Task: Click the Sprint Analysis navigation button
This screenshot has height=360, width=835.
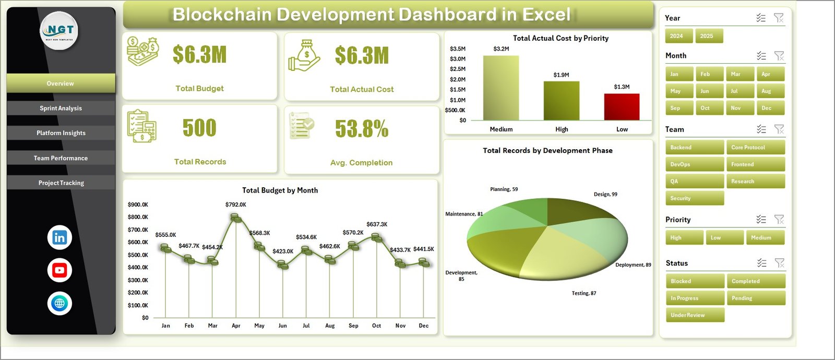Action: click(61, 108)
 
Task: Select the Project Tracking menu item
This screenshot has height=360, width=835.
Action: click(61, 183)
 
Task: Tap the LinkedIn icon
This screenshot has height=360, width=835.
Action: click(59, 237)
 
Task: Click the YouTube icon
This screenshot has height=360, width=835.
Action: click(59, 270)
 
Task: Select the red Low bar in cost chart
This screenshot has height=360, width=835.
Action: click(622, 107)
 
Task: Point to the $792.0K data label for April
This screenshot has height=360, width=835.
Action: click(236, 205)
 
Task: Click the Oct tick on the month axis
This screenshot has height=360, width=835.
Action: click(376, 326)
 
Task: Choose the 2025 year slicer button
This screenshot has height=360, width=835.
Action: click(708, 36)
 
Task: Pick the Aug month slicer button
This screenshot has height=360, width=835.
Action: click(769, 91)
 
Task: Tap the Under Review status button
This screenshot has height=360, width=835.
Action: click(695, 315)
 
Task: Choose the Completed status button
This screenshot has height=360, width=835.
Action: click(755, 281)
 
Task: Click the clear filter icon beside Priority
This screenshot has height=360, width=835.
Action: click(779, 220)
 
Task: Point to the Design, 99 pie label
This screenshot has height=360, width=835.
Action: click(605, 194)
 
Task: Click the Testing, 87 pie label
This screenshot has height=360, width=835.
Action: click(583, 293)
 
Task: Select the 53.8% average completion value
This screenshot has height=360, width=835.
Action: click(362, 129)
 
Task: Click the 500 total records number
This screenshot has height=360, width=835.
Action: click(199, 128)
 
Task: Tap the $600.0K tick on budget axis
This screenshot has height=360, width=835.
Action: click(138, 242)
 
